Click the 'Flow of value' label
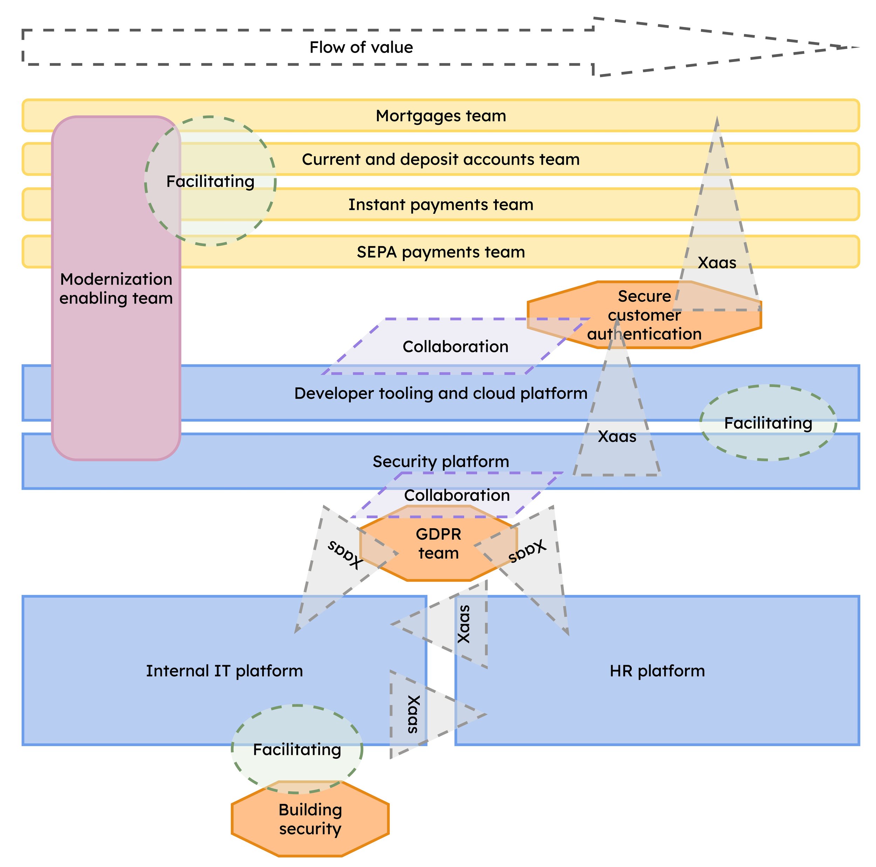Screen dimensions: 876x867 coord(361,47)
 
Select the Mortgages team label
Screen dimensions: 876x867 coord(441,116)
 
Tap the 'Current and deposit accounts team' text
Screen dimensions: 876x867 coord(441,159)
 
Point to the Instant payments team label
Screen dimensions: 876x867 coord(441,205)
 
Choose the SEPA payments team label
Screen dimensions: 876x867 coord(441,252)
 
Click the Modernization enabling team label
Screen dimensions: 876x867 coord(116,288)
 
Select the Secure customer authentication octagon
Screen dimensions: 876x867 coord(644,315)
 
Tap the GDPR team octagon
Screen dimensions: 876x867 coord(438,543)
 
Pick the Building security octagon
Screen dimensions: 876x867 coord(310,819)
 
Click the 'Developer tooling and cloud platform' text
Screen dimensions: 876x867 coord(441,393)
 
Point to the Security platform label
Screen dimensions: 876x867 coord(441,462)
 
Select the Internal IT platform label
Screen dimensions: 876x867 coord(225,671)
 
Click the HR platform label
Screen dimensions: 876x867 coord(657,671)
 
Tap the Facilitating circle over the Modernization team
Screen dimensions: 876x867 coord(210,181)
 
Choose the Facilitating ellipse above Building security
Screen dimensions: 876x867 coord(297,749)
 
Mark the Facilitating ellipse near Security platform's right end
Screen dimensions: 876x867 coord(768,423)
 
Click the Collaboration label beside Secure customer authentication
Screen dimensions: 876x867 coord(456,347)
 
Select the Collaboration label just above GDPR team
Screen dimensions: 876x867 coord(457,495)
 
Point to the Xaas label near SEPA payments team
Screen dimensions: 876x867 coord(717,262)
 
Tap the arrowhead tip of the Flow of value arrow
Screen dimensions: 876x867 coord(859,47)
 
